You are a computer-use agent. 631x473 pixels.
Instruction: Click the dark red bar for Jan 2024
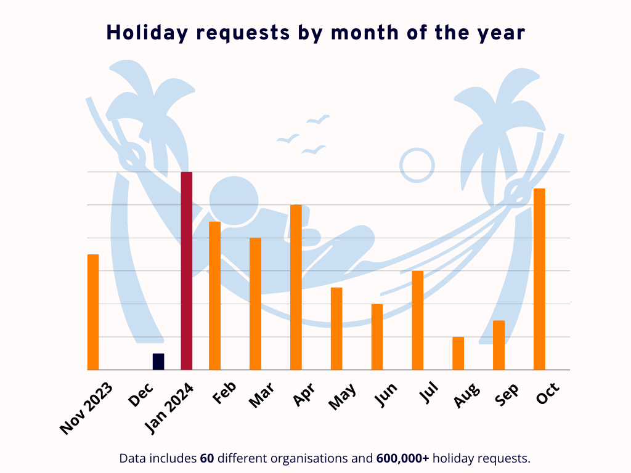pos(186,271)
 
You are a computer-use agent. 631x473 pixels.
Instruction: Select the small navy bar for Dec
pos(158,362)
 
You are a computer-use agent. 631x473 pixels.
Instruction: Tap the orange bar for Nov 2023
pos(93,312)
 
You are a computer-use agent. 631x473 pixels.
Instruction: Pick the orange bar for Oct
pos(539,279)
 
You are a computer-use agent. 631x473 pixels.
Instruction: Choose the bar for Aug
pos(458,354)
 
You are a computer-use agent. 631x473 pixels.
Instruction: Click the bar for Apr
pos(296,287)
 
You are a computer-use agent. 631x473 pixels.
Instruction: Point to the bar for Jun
pos(377,337)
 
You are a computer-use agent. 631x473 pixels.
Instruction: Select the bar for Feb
pos(214,296)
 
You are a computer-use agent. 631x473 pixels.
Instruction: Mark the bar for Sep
pos(499,345)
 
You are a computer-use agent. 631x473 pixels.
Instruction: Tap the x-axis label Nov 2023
pos(87,408)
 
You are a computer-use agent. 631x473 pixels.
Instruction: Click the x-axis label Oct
pos(547,394)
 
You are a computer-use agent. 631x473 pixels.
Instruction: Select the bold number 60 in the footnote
pos(207,458)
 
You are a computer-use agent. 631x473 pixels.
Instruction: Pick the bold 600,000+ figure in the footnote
pos(402,458)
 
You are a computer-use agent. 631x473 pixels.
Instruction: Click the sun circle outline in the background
pos(417,165)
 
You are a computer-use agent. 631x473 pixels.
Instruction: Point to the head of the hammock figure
pos(234,200)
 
